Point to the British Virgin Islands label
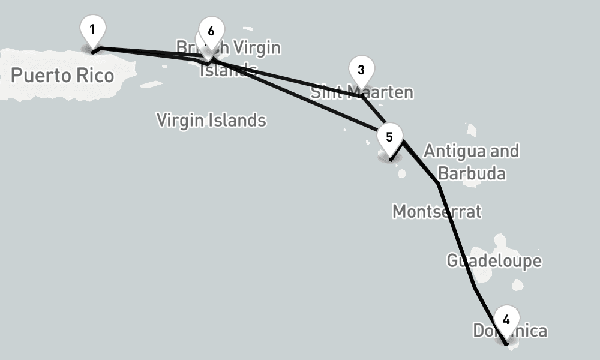point(229,58)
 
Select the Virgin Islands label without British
point(211,120)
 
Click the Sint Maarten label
point(362,92)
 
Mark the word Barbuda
point(472,173)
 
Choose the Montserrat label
point(437,211)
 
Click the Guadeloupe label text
point(494,261)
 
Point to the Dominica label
point(510,331)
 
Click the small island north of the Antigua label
point(472,130)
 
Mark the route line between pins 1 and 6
point(150,52)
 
